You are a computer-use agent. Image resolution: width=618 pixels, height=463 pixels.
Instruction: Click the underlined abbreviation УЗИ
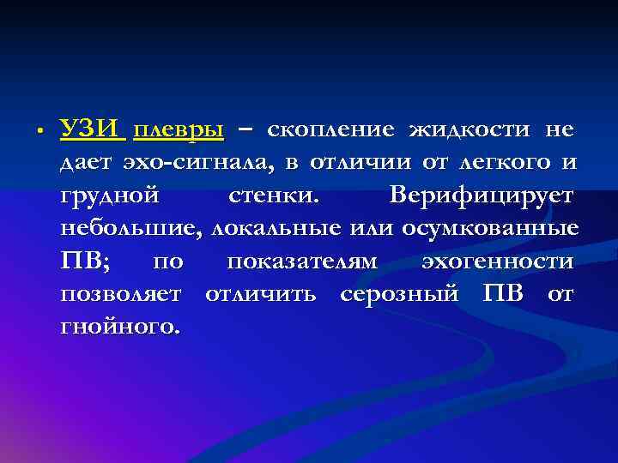93,130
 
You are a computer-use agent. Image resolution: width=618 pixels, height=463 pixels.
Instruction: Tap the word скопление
331,130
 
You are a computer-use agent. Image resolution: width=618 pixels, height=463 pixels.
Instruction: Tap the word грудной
109,196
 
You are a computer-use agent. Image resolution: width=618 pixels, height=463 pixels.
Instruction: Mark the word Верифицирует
482,196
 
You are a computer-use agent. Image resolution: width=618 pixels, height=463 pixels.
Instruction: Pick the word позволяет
120,294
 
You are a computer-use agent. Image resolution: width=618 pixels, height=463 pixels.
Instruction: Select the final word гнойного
121,327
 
